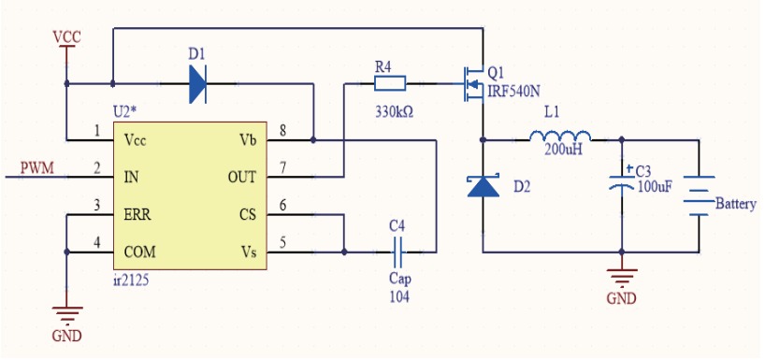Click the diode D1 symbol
click(197, 84)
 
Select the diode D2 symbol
click(484, 186)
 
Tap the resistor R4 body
click(390, 84)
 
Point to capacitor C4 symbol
click(398, 251)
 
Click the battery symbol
click(697, 196)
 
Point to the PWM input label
click(36, 168)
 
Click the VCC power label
click(67, 36)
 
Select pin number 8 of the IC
click(282, 129)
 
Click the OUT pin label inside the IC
click(241, 177)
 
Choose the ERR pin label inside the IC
click(139, 214)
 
